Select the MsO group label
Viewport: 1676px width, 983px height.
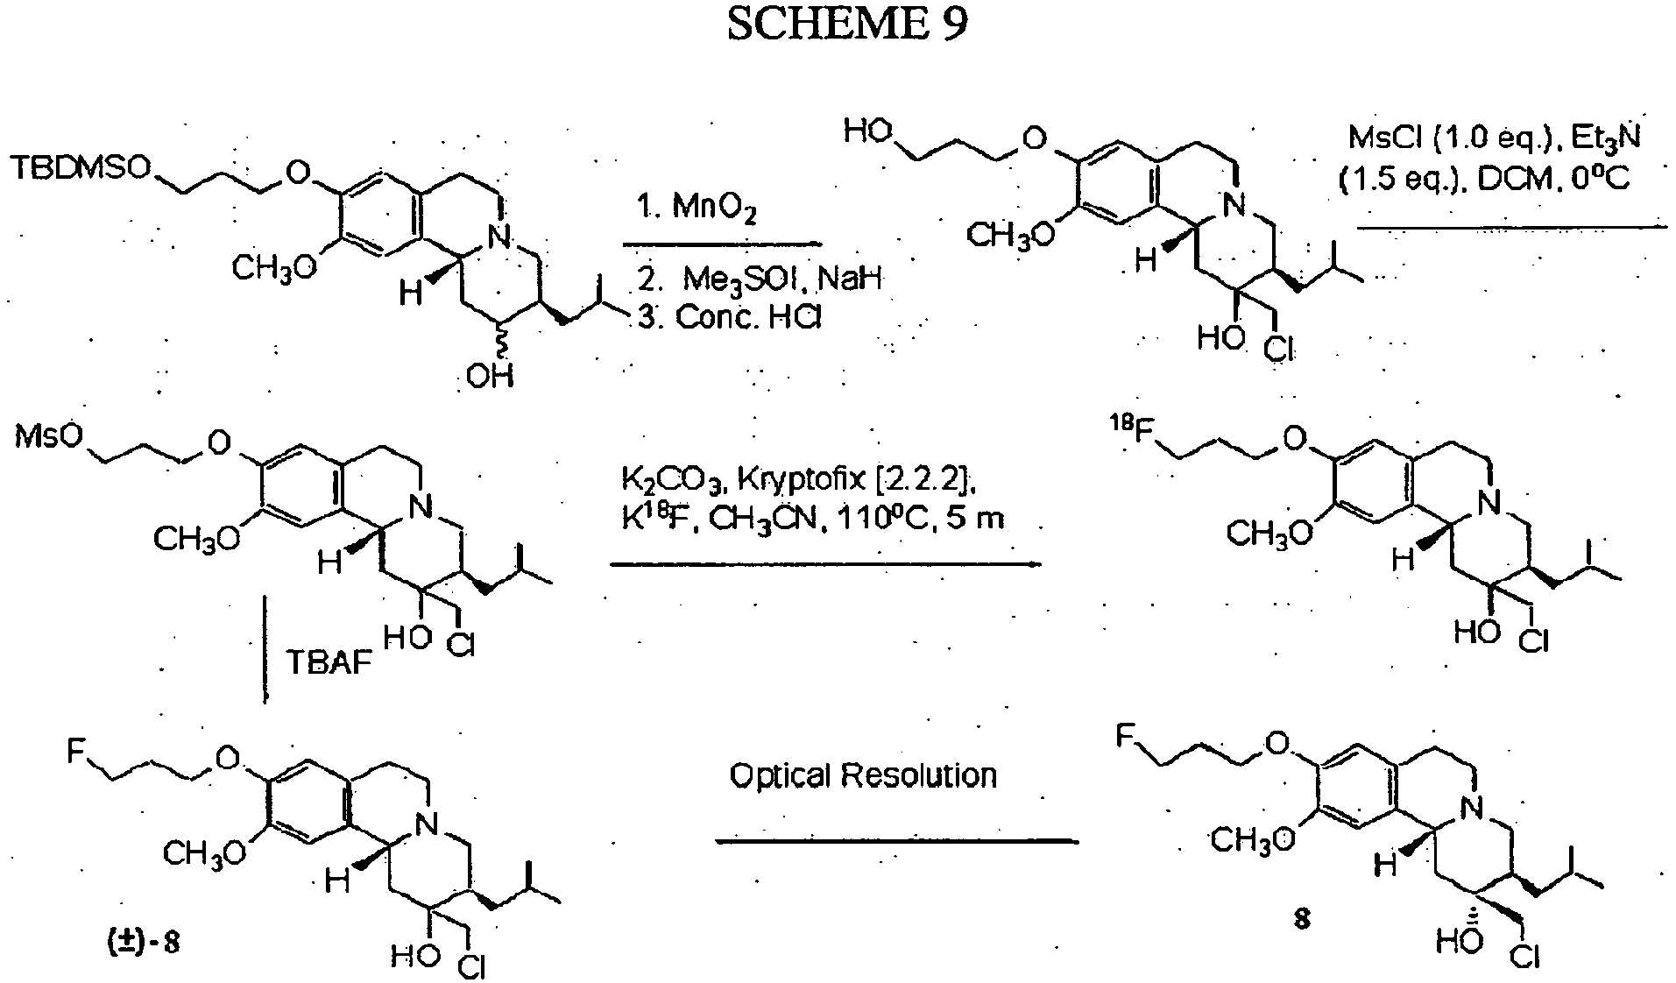pos(48,435)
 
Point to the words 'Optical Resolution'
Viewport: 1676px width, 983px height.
pos(863,775)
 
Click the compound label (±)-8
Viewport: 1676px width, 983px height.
pos(139,946)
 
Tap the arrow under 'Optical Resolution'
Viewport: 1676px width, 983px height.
pos(897,841)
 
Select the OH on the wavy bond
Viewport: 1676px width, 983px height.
pos(491,376)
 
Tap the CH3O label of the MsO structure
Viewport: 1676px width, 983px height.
pos(196,537)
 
